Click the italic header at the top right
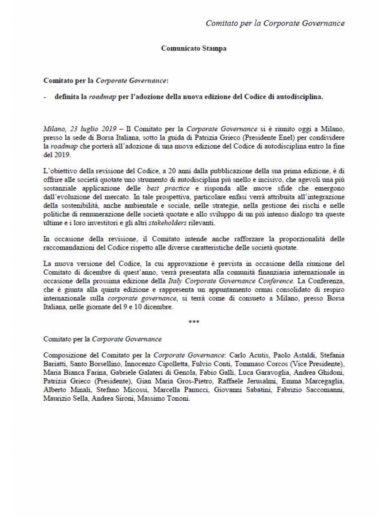pyautogui.click(x=275, y=23)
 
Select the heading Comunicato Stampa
pyautogui.click(x=194, y=48)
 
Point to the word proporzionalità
pyautogui.click(x=308, y=239)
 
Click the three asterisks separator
pyautogui.click(x=194, y=322)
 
